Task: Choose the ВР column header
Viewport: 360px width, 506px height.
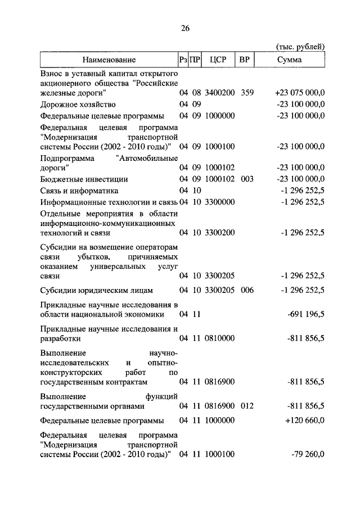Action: click(x=244, y=59)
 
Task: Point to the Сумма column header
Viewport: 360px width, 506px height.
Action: click(x=289, y=59)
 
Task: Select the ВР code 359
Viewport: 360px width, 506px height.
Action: click(x=247, y=93)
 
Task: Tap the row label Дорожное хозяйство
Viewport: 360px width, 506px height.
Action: click(x=78, y=105)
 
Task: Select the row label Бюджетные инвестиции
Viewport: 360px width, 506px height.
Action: click(x=84, y=179)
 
